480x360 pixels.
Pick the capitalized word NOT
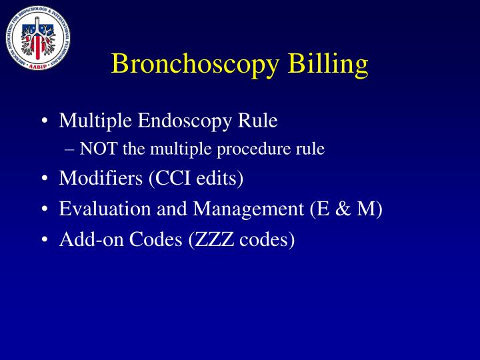pyautogui.click(x=98, y=149)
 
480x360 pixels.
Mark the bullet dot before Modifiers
pyautogui.click(x=43, y=179)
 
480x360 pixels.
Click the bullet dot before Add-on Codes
pyautogui.click(x=43, y=239)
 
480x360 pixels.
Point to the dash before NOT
pyautogui.click(x=72, y=150)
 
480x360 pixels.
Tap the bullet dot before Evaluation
pyautogui.click(x=43, y=209)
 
